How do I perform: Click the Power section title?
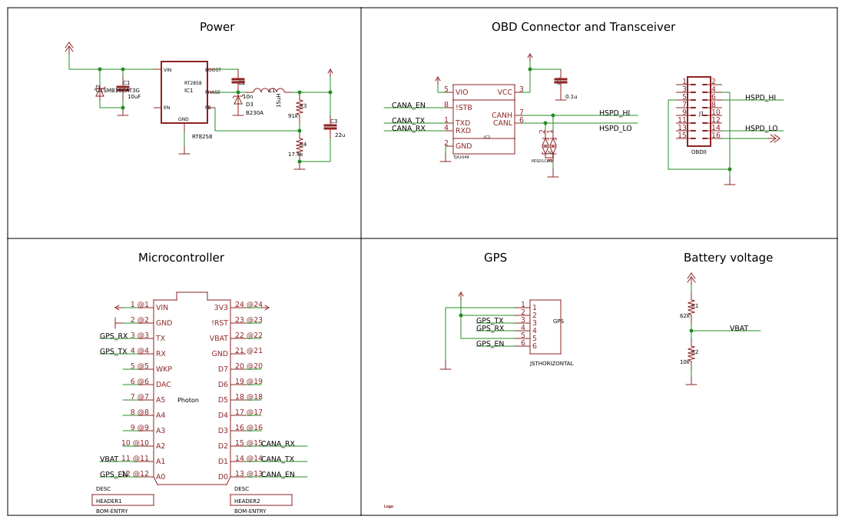coord(217,27)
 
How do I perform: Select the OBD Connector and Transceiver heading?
coord(583,27)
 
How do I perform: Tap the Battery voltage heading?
coord(727,258)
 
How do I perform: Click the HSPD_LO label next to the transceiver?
coord(615,128)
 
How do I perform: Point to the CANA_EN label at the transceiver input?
coord(408,105)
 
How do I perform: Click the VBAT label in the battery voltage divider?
coord(738,328)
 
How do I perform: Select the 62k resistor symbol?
coord(691,306)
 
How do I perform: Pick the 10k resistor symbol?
coord(691,353)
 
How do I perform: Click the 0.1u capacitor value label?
coord(571,97)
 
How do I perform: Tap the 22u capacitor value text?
coord(340,135)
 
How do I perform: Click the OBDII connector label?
coord(698,152)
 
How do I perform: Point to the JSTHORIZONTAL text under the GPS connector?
coord(551,364)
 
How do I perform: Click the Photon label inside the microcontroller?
coord(187,400)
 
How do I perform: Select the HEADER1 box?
coord(123,500)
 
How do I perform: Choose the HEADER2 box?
coord(261,500)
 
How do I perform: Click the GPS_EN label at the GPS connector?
coord(490,344)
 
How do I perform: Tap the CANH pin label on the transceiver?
coord(502,115)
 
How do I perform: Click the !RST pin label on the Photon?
coord(220,323)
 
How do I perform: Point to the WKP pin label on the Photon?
coord(164,369)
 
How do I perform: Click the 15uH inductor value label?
coord(279,101)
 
